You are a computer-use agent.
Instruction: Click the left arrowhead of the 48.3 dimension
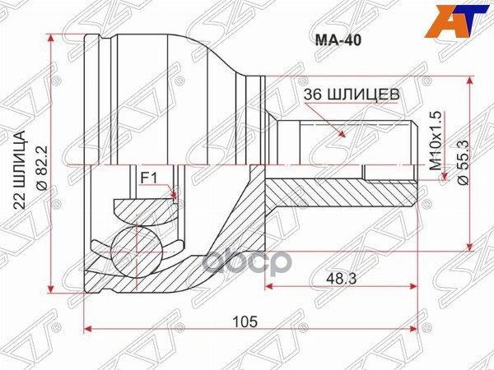[269, 288]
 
